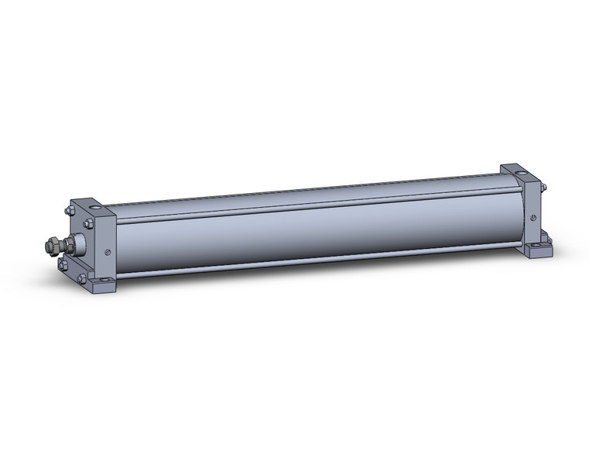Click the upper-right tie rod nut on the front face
click(88, 224)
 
